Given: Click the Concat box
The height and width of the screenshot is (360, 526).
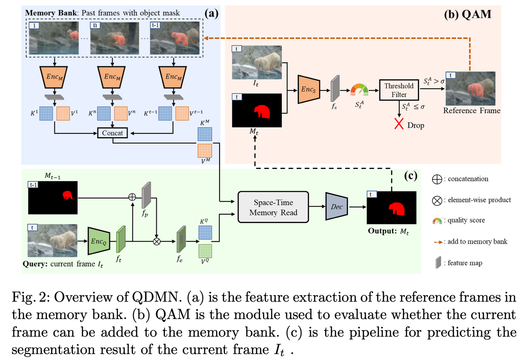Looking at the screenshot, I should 113,133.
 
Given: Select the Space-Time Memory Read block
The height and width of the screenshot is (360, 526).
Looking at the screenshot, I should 273,207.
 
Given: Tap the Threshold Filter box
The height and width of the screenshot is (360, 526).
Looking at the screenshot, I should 399,90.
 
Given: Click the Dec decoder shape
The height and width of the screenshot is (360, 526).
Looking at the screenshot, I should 336,206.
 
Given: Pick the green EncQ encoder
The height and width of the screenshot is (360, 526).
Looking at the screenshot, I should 99,241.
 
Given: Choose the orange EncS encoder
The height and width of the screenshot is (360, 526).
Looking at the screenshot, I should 309,89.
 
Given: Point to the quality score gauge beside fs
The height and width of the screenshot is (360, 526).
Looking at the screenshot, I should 359,90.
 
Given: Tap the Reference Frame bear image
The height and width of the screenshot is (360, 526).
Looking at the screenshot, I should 470,89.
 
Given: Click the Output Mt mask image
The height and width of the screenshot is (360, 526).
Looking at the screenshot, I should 392,208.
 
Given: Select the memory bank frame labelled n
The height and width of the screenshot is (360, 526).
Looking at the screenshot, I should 115,38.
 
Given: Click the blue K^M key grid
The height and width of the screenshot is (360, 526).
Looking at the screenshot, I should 205,134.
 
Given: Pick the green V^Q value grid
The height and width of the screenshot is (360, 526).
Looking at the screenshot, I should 205,251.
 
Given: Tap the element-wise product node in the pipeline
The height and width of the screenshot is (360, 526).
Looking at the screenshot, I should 157,241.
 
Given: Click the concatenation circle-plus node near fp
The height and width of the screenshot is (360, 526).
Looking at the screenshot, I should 132,197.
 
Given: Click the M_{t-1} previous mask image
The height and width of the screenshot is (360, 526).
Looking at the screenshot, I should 53,198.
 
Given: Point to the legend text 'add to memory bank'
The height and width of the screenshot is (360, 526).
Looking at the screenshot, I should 477,242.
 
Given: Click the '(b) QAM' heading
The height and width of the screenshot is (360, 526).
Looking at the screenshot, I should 468,14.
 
